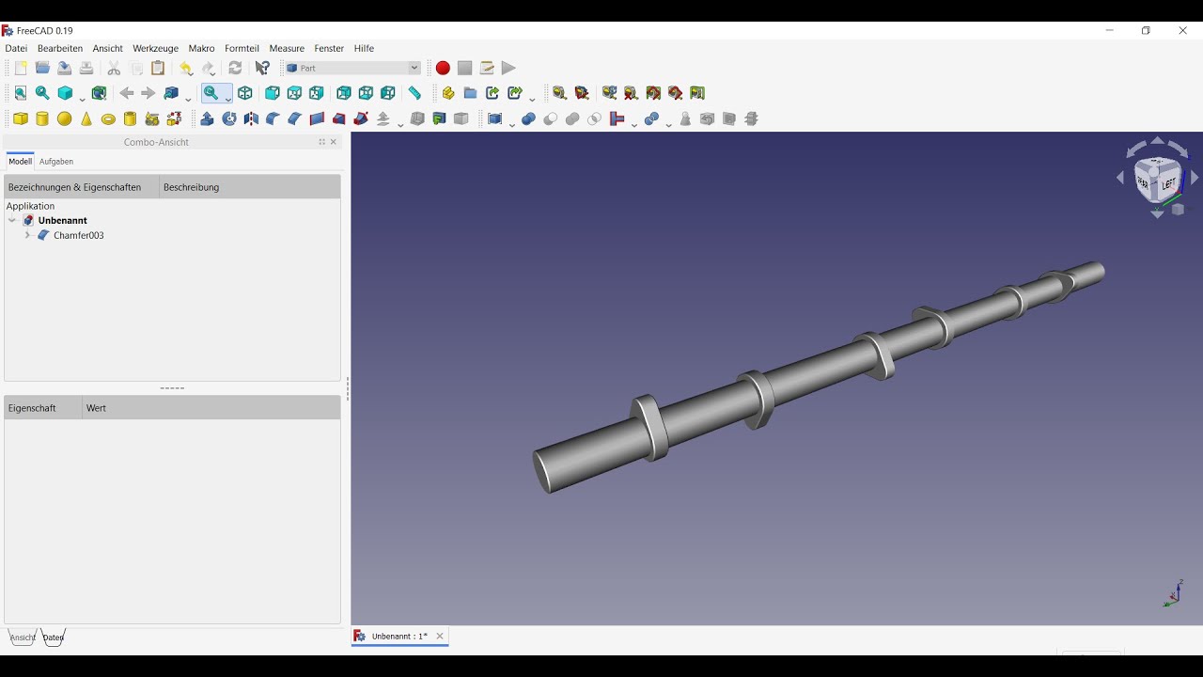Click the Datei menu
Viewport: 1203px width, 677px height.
tap(16, 48)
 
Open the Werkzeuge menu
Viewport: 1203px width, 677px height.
tap(155, 48)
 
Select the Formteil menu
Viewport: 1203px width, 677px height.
tap(242, 48)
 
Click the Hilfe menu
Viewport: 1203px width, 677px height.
tap(364, 48)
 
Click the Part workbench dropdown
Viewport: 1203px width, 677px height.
tap(352, 68)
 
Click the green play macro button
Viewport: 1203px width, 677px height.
tap(508, 68)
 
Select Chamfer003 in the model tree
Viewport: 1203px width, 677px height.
tap(78, 235)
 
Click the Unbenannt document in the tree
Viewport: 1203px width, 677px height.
tap(62, 220)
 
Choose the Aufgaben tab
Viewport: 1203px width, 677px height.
tap(56, 162)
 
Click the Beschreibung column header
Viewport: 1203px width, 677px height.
tap(191, 187)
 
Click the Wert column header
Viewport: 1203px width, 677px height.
tap(96, 408)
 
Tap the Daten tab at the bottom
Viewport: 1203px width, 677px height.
tap(54, 638)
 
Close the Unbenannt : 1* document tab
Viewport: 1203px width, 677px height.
tap(440, 637)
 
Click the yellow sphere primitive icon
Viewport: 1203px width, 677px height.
tap(64, 118)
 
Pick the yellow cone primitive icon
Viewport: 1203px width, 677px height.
tap(86, 118)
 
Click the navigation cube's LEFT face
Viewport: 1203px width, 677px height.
tap(1168, 184)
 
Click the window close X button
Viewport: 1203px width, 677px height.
tap(1182, 30)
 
